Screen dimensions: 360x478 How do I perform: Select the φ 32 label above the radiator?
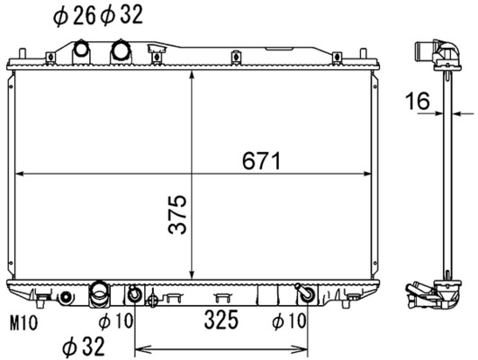[120, 15]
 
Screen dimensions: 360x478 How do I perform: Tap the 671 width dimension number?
[262, 161]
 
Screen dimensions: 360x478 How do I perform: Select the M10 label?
[24, 321]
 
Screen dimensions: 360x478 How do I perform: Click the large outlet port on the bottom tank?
[99, 293]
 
